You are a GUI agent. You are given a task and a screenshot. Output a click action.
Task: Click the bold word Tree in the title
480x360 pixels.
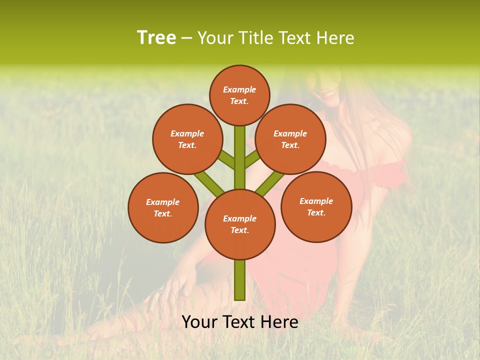pos(156,37)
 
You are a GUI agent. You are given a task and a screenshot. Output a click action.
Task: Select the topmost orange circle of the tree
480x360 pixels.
pos(239,95)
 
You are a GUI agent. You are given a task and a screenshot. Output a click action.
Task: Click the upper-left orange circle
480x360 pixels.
pos(187,139)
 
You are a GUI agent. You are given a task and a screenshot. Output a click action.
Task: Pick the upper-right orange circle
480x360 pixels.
pos(290,139)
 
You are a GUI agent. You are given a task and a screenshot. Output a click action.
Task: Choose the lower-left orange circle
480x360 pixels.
pos(163,207)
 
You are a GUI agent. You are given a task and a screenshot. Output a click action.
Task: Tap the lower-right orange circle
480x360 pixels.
pos(316,206)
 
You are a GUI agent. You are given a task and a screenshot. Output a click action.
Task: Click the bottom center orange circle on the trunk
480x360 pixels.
pos(240,224)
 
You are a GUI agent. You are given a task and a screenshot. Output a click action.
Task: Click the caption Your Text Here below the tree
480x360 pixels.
pos(240,322)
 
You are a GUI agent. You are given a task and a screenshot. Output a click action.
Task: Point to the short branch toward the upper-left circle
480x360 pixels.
pos(227,160)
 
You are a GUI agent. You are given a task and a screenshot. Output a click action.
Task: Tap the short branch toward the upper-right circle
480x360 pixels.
pos(252,159)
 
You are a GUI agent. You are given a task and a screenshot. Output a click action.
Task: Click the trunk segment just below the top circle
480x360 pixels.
pos(240,145)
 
